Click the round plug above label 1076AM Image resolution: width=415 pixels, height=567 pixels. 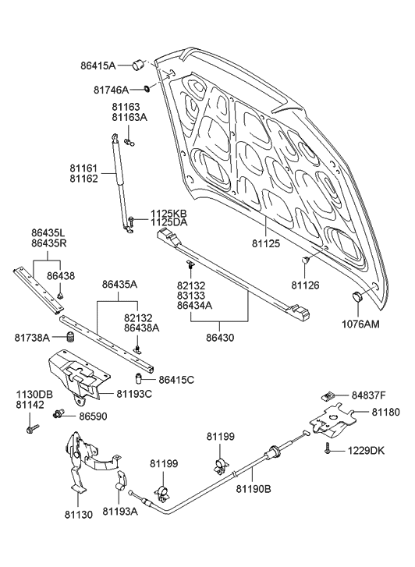360,297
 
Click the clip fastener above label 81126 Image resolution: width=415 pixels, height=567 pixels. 307,259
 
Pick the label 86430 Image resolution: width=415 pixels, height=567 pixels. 220,339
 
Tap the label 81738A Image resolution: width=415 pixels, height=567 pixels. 33,337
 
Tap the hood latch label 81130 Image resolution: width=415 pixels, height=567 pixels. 78,516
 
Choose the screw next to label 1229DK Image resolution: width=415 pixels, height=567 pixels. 325,449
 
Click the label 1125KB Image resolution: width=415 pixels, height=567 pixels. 168,213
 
